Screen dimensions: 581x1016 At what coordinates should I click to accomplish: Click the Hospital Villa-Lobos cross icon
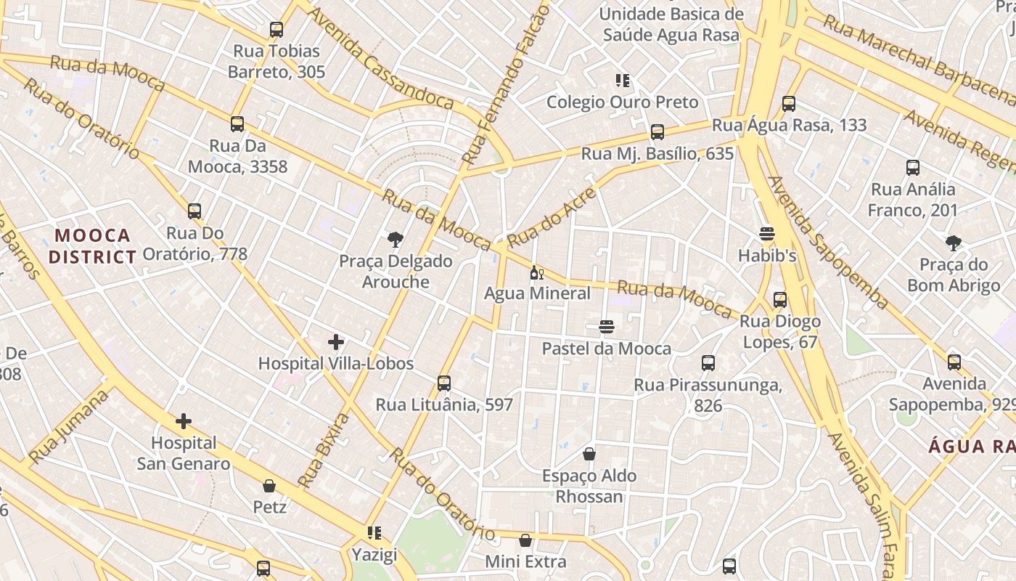tap(336, 341)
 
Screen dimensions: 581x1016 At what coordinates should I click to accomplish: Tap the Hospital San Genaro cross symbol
tap(184, 420)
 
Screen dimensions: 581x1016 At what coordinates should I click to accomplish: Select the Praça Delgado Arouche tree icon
tap(396, 239)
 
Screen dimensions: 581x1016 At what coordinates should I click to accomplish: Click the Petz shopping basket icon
tap(269, 485)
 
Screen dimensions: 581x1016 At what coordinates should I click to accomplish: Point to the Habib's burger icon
tap(767, 234)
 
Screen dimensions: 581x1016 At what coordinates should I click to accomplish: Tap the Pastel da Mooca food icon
tap(607, 327)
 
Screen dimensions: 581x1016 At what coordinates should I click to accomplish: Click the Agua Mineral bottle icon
tap(537, 273)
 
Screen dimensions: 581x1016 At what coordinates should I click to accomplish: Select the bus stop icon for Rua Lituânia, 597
tap(444, 383)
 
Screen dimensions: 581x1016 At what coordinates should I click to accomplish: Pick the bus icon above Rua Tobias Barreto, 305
tap(276, 30)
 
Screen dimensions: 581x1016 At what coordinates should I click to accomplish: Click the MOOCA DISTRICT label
tap(92, 246)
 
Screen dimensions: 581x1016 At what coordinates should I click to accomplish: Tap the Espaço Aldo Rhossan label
tap(589, 486)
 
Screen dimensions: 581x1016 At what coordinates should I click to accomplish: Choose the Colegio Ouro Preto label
tap(622, 102)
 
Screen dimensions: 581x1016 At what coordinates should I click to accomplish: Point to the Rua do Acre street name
tap(552, 216)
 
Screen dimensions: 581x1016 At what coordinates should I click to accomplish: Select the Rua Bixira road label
tap(324, 450)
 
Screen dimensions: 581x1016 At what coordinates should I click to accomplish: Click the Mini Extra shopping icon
tap(525, 540)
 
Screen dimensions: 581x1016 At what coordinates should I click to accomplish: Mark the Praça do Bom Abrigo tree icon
tap(954, 243)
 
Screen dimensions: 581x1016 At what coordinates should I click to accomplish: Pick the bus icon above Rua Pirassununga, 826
tap(708, 363)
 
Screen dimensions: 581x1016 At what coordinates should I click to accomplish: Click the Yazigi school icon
tap(374, 534)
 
